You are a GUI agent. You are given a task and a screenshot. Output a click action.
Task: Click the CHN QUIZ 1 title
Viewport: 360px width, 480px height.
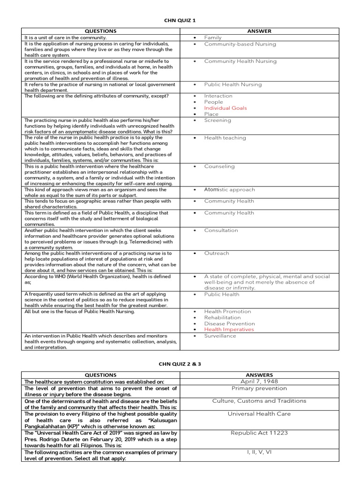pyautogui.click(x=180, y=21)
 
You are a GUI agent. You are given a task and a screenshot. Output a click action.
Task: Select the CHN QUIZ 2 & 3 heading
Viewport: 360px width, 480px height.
pyautogui.click(x=180, y=364)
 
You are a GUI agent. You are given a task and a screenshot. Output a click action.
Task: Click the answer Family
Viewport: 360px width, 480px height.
pyautogui.click(x=213, y=37)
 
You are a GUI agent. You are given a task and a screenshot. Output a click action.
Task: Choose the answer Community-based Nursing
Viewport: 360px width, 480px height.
pyautogui.click(x=240, y=44)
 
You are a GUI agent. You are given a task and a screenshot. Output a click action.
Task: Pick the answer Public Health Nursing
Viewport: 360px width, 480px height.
pyautogui.click(x=233, y=85)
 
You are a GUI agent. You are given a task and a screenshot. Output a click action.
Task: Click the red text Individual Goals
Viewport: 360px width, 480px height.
pyautogui.click(x=225, y=108)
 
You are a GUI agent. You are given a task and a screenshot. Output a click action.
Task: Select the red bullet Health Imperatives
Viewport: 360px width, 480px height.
pyautogui.click(x=229, y=330)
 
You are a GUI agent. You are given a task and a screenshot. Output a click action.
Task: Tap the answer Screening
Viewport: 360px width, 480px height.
pyautogui.click(x=217, y=120)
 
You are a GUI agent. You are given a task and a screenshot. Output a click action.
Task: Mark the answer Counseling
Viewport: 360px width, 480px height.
pyautogui.click(x=219, y=166)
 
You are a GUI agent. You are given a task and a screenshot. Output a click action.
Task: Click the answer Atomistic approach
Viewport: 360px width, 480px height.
pyautogui.click(x=229, y=190)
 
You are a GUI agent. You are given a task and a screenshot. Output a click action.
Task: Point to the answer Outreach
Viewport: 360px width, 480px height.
pyautogui.click(x=217, y=253)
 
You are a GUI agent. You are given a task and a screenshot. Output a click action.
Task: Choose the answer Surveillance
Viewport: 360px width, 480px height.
pyautogui.click(x=220, y=336)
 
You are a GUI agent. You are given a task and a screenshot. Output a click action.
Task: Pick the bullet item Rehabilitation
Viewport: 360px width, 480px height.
pyautogui.click(x=222, y=317)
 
